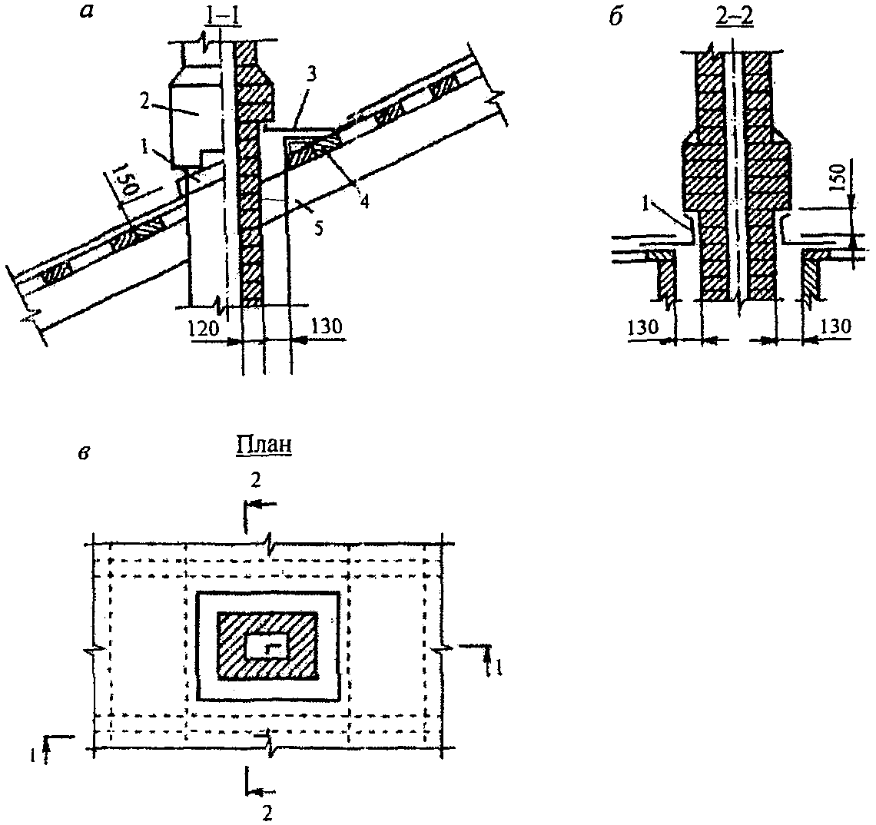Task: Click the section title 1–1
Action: pyautogui.click(x=223, y=17)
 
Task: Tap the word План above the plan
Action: pyautogui.click(x=264, y=446)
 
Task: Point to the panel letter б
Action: pyautogui.click(x=616, y=18)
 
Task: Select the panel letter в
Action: pyautogui.click(x=85, y=453)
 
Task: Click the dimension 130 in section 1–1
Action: pyautogui.click(x=326, y=326)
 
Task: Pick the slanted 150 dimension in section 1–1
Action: pyautogui.click(x=124, y=181)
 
